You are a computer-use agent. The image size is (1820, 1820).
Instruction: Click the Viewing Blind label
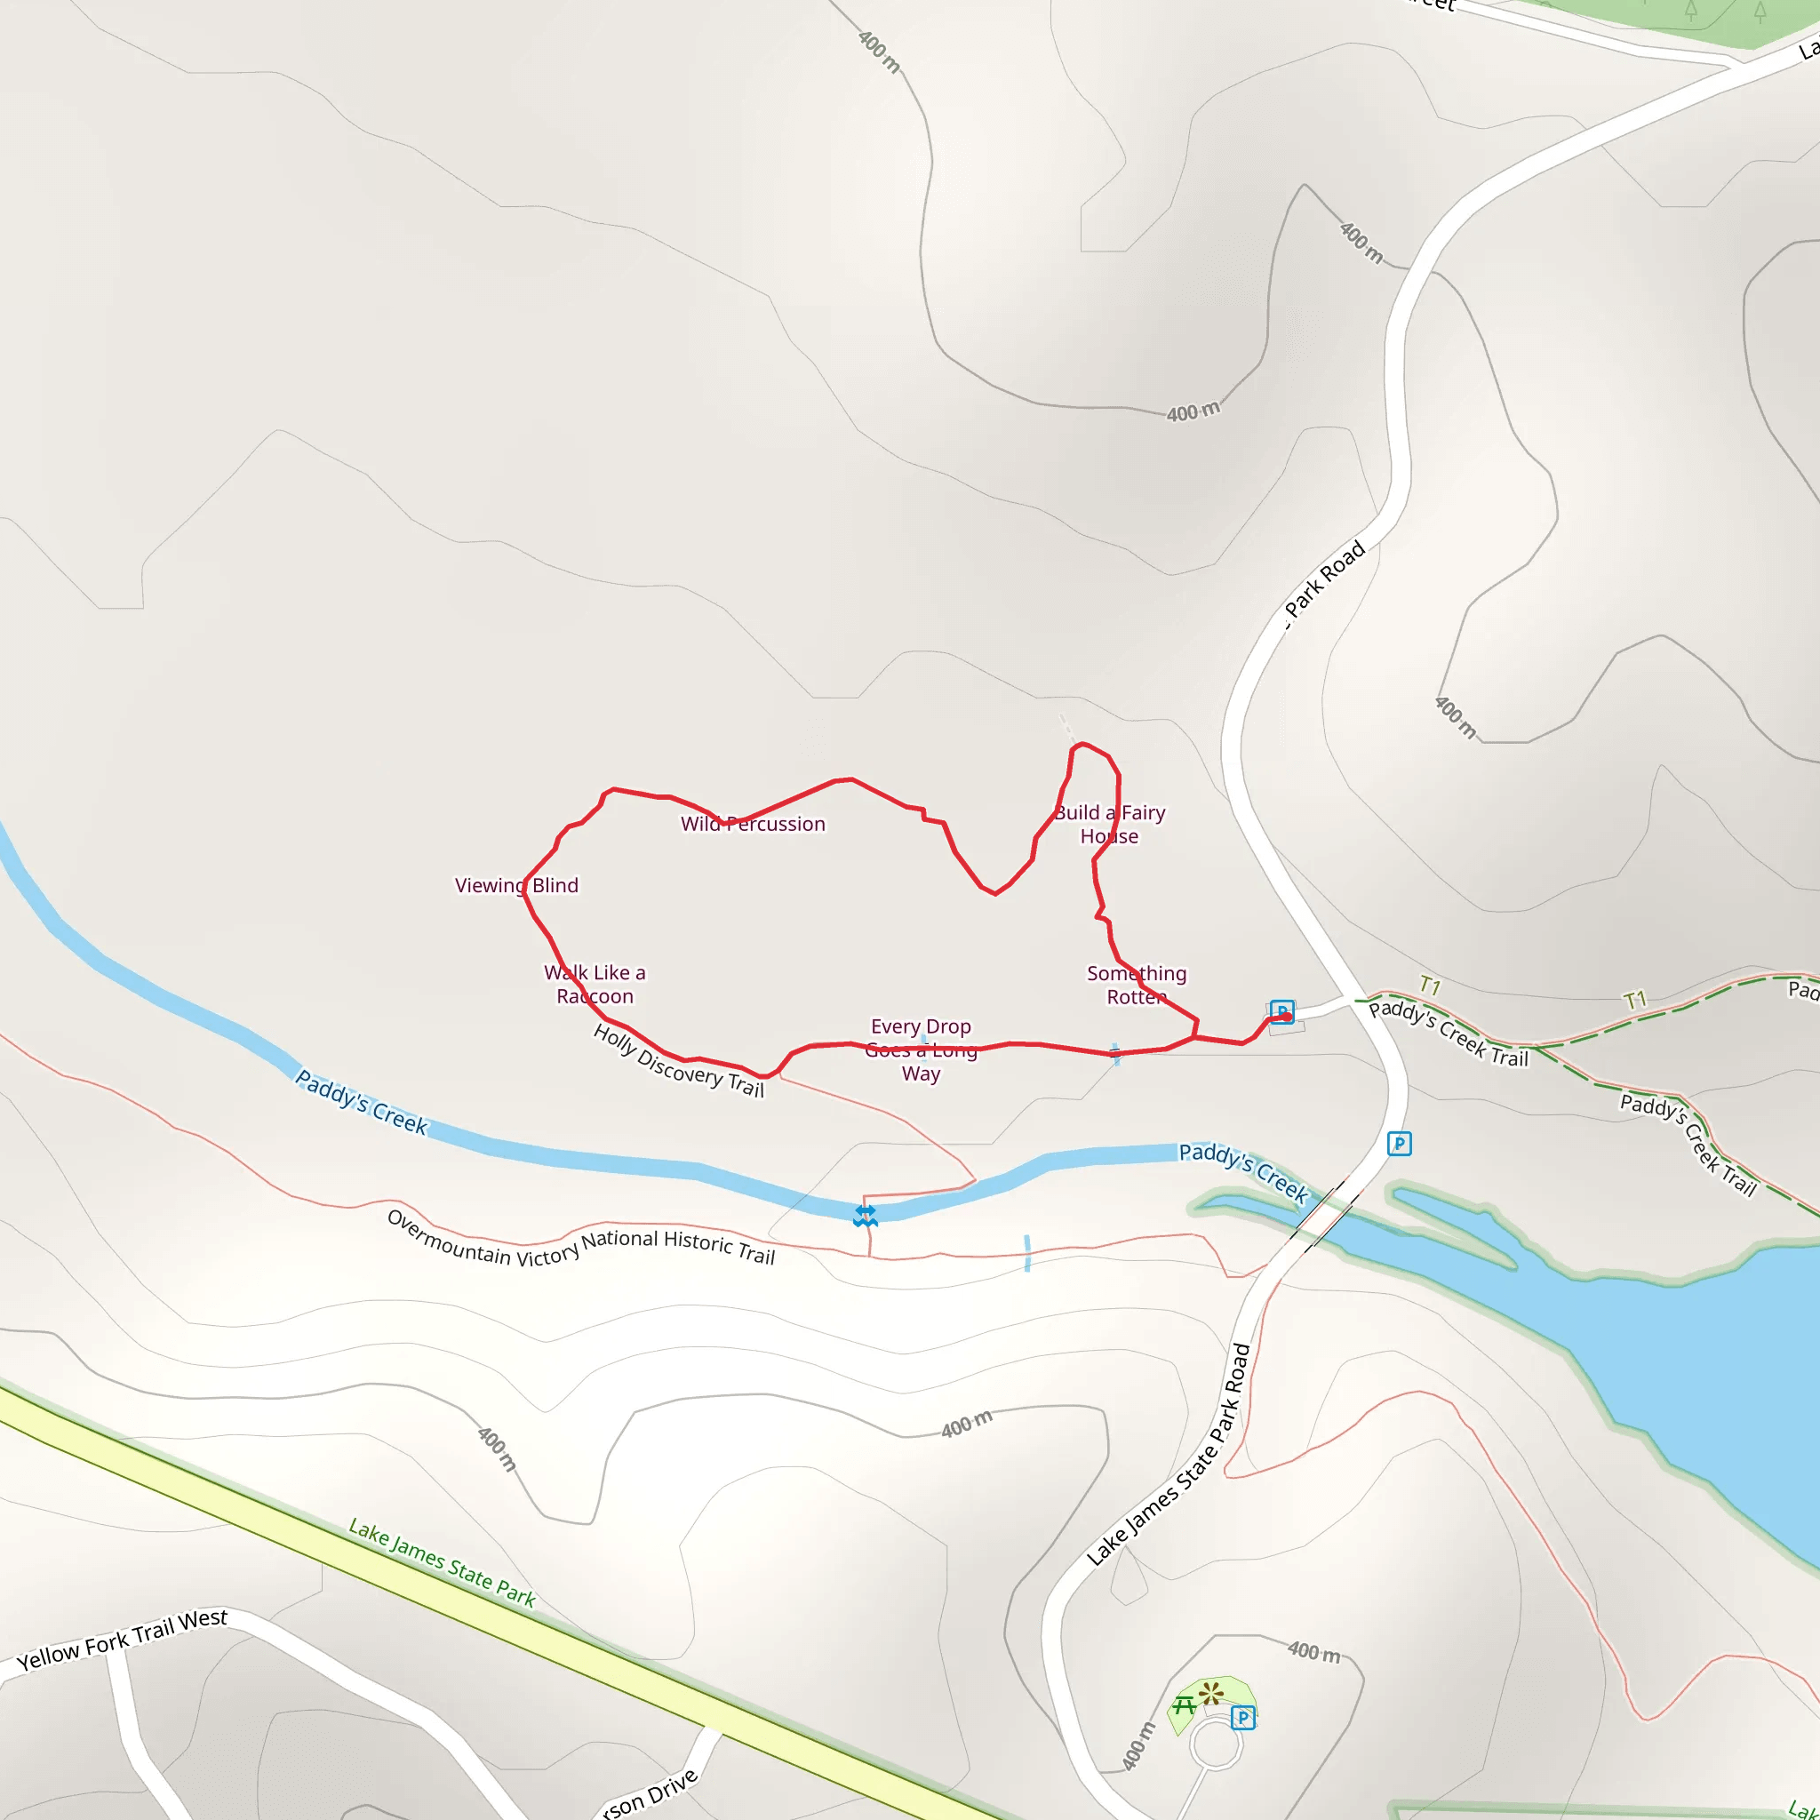[516, 885]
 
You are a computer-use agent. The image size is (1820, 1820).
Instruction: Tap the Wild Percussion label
[753, 825]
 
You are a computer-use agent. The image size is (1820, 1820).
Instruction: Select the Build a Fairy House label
[1110, 825]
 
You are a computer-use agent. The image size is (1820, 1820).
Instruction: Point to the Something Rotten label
[1136, 985]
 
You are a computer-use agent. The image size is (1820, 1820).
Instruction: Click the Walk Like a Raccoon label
[595, 985]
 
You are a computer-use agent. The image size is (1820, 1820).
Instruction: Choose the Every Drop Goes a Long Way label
[921, 1050]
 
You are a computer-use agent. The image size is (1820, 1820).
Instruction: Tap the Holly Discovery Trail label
[678, 1061]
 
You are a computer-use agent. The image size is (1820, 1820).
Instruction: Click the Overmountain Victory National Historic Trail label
[580, 1238]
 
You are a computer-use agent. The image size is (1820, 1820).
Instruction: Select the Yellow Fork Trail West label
[123, 1640]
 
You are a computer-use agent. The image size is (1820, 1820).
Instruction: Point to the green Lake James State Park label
[442, 1563]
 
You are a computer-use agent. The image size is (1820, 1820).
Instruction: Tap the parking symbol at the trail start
[1281, 1010]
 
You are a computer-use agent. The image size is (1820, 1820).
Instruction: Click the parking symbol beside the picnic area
[1242, 1717]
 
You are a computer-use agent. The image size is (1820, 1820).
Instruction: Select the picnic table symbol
[1184, 1704]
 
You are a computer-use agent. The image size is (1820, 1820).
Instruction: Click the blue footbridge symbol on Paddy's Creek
[865, 1217]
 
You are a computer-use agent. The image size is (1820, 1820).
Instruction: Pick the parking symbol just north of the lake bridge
[1399, 1144]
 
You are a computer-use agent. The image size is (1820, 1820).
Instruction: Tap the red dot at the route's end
[1287, 1017]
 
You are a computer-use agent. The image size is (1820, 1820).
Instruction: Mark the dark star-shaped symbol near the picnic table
[1211, 1693]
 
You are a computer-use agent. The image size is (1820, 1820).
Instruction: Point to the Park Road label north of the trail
[1327, 579]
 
